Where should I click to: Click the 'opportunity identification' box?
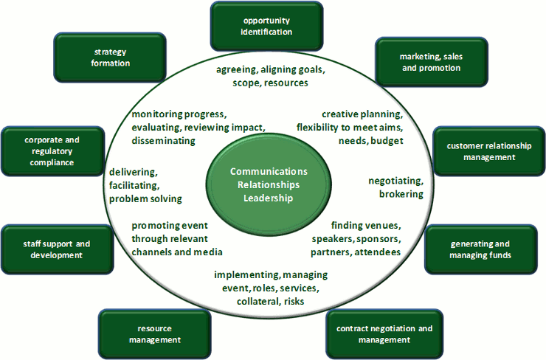(266, 26)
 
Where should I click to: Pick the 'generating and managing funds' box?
(480, 249)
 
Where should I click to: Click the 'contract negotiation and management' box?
(384, 334)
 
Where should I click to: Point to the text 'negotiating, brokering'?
(396, 187)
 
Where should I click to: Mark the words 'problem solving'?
(145, 198)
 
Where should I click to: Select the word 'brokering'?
(401, 194)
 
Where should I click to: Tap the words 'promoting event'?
(167, 226)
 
